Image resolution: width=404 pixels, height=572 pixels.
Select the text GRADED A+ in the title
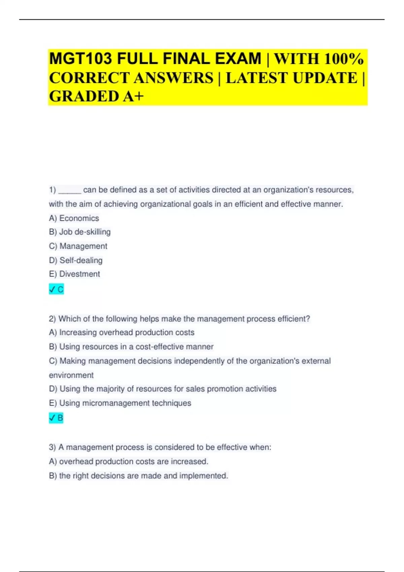click(x=96, y=96)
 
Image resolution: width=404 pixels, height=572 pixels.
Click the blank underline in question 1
click(x=70, y=190)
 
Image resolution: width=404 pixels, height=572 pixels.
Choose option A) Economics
click(x=74, y=218)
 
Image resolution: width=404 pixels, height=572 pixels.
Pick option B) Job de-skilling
click(x=80, y=232)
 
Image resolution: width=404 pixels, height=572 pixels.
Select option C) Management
click(x=78, y=246)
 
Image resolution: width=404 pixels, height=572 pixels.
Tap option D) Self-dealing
click(x=76, y=260)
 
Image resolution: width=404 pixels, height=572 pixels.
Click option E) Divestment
click(x=74, y=274)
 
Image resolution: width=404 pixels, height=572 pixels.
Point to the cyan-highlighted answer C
click(x=57, y=289)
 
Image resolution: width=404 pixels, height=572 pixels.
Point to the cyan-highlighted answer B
click(x=56, y=418)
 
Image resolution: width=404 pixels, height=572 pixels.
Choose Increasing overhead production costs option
click(x=127, y=332)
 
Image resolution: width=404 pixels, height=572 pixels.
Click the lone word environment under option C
click(x=71, y=375)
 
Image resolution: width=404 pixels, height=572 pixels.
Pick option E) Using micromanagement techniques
click(x=120, y=403)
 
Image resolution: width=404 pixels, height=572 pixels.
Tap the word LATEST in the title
click(x=258, y=78)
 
